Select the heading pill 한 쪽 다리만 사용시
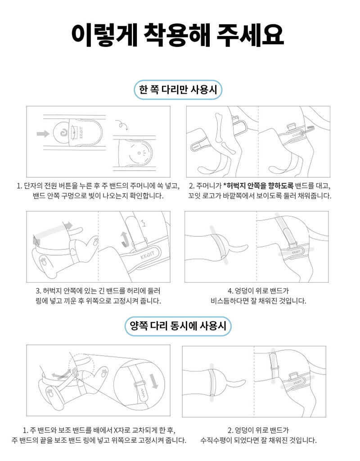pyautogui.click(x=178, y=90)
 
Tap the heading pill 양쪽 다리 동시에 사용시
pyautogui.click(x=178, y=326)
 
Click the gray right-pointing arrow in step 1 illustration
pyautogui.click(x=43, y=134)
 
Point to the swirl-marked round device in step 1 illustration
pyautogui.click(x=62, y=133)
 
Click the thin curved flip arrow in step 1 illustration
pyautogui.click(x=123, y=125)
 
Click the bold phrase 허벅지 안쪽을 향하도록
pyautogui.click(x=260, y=186)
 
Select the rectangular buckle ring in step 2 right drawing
pyautogui.click(x=292, y=127)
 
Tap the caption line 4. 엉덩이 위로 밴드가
pyautogui.click(x=258, y=291)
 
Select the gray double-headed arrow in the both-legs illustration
pyautogui.click(x=61, y=374)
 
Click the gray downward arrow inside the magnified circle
pyautogui.click(x=154, y=381)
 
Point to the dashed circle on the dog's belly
pyautogui.click(x=81, y=366)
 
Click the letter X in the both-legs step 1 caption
pyautogui.click(x=116, y=431)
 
